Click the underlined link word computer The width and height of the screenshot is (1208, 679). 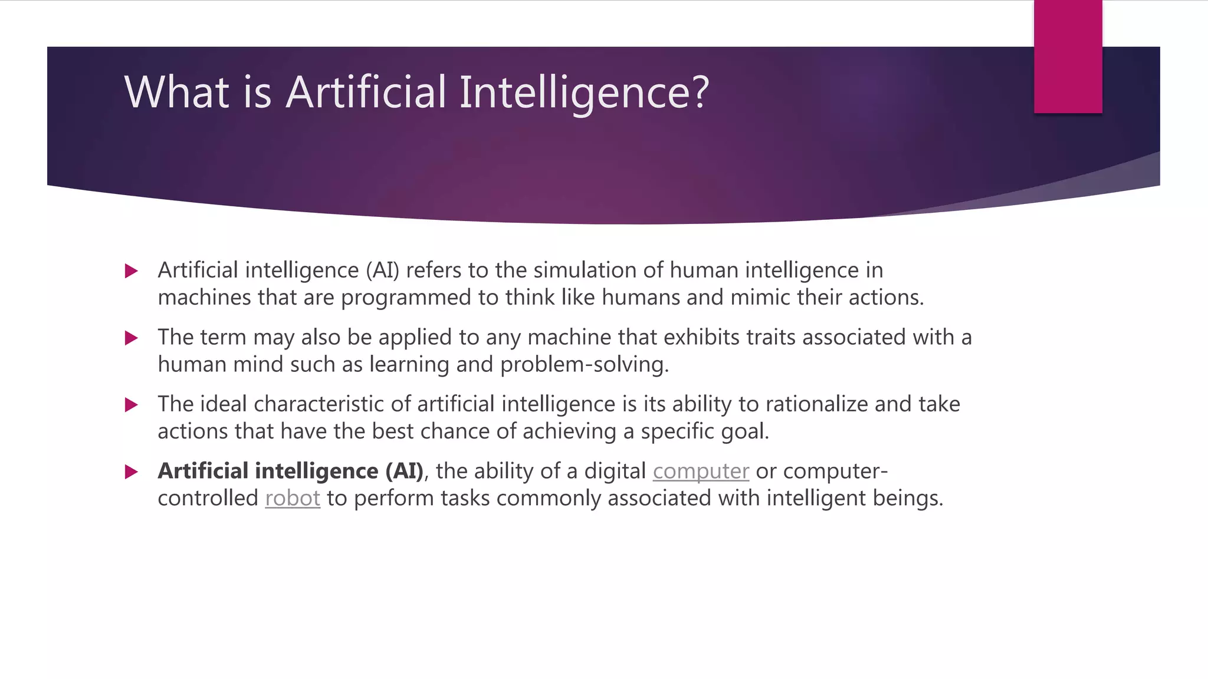coord(701,472)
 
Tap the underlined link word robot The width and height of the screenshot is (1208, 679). coord(293,499)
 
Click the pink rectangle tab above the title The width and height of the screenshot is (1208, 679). coord(1068,57)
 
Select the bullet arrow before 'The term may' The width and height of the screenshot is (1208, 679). coord(132,338)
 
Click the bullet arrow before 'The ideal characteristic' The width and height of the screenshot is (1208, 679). coord(132,405)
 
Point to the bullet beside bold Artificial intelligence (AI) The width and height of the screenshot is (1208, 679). coord(132,472)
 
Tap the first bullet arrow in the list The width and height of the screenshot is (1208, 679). coord(132,271)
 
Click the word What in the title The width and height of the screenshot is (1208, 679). coord(176,93)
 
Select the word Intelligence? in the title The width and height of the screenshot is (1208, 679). coord(584,93)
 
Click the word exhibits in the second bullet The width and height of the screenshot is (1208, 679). coord(701,338)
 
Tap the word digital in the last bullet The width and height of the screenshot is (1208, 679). coord(615,472)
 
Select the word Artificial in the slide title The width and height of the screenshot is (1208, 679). coord(366,93)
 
